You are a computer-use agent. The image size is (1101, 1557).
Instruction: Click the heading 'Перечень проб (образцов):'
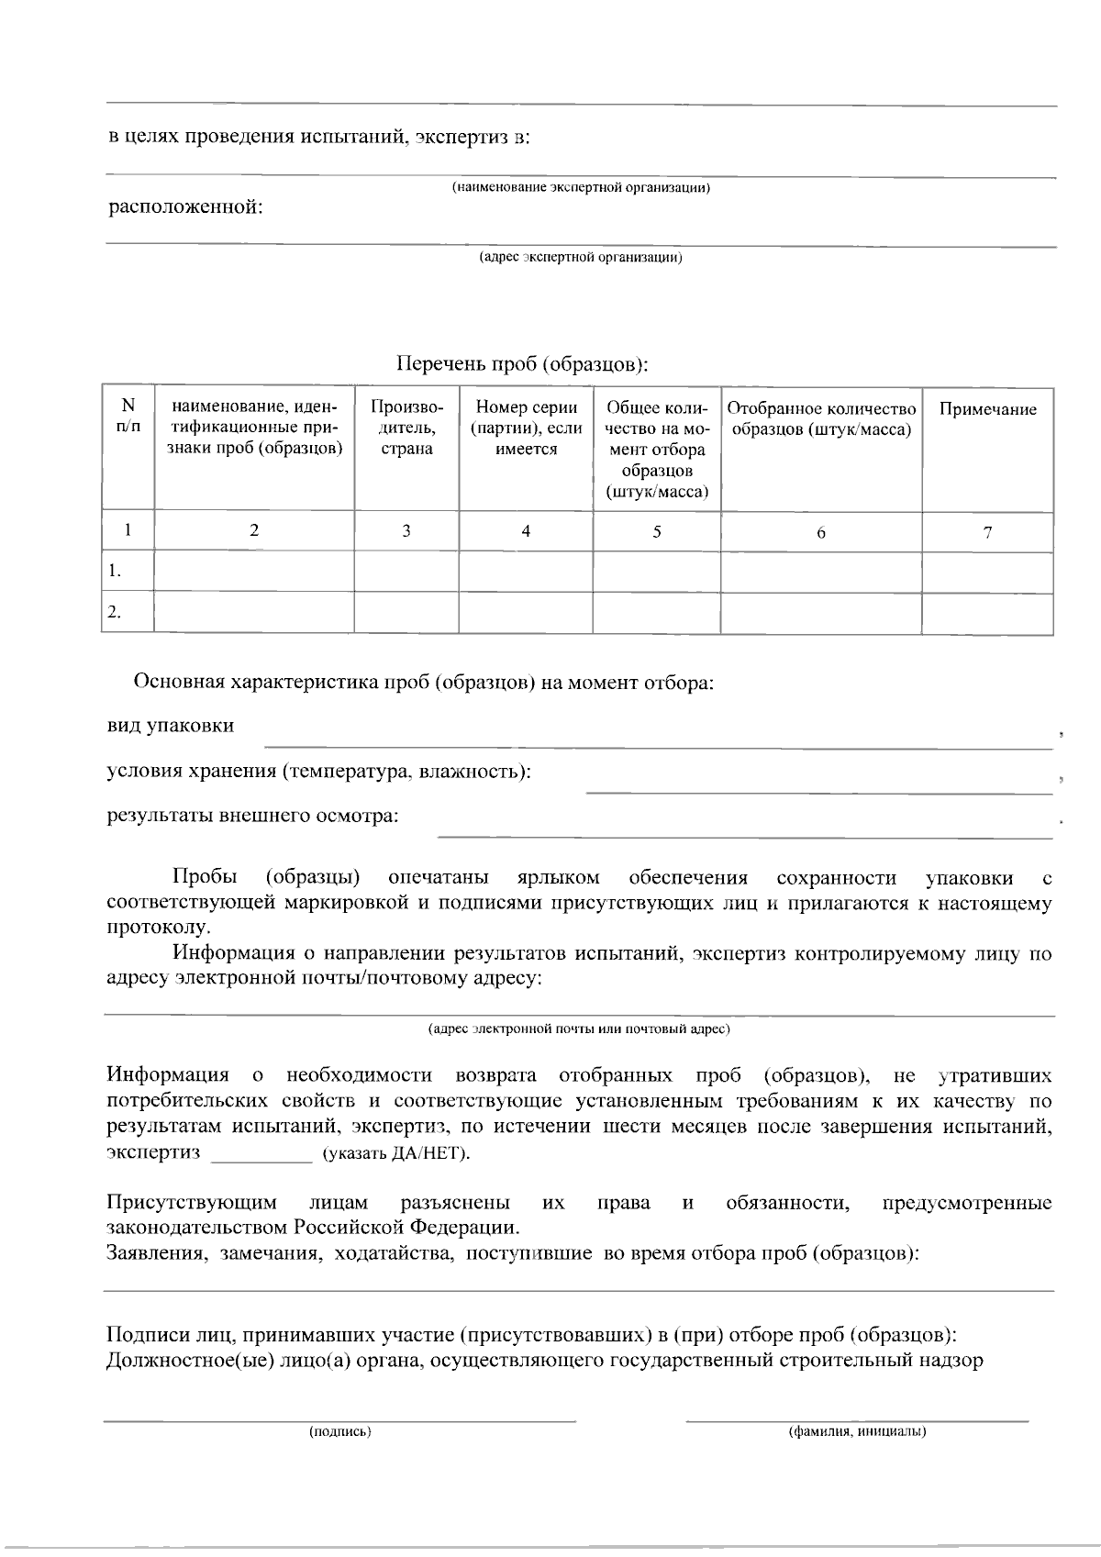(x=522, y=364)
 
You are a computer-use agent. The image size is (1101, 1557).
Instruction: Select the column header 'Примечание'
(x=987, y=409)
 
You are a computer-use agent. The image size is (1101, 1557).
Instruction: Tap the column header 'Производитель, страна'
(x=406, y=428)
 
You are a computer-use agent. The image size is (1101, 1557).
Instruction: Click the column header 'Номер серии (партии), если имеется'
(x=526, y=428)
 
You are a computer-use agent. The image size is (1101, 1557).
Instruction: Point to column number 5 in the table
(x=657, y=531)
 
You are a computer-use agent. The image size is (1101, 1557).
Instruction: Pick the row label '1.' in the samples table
(x=115, y=572)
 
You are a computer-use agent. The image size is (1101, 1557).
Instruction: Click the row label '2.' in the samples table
(x=115, y=612)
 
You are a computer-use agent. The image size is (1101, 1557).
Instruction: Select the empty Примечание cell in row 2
(x=987, y=612)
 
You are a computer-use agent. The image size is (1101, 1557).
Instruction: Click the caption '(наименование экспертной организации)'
(x=581, y=188)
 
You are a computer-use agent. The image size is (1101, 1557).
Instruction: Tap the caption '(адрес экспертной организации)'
(x=581, y=258)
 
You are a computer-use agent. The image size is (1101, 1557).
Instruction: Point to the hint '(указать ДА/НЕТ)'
(x=395, y=1153)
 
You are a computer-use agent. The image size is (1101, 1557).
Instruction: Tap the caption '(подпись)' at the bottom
(x=340, y=1430)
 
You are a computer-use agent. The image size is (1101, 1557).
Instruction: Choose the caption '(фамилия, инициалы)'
(x=857, y=1430)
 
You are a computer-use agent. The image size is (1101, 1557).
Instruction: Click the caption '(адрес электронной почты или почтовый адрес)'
(x=579, y=1029)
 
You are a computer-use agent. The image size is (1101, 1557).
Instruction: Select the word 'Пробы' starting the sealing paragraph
(x=204, y=878)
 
